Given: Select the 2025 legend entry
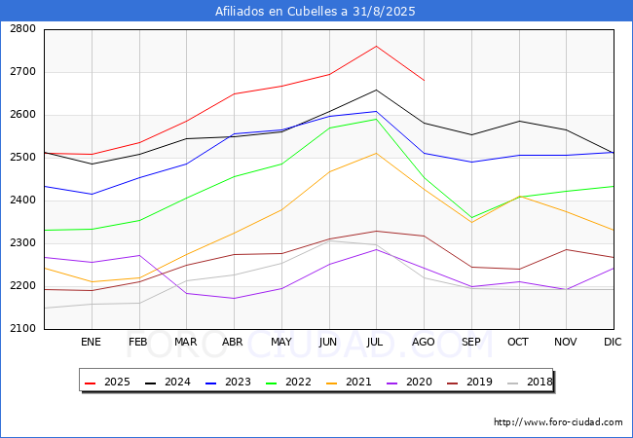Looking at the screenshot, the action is coord(107,382).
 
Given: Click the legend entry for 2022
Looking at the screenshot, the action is coord(288,382).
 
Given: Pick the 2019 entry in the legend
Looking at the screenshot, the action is coord(470,382).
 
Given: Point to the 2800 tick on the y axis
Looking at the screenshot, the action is coord(22,29).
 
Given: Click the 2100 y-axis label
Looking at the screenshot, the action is coord(22,329).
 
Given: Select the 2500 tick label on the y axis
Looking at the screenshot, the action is coord(22,158).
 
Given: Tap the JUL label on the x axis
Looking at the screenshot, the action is coord(375,342).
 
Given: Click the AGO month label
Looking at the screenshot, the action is coord(423,342).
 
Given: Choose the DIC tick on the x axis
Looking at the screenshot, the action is coord(613,342).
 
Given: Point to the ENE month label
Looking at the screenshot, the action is coord(91,342).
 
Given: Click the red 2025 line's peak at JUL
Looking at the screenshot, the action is coord(376,46).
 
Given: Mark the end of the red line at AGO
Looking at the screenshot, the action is coord(424,80).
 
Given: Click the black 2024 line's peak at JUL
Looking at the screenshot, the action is coord(376,90).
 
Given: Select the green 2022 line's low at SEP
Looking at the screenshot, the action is coord(471,218).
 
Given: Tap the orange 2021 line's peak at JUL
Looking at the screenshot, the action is coord(376,153).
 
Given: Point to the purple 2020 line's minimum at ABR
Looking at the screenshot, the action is coord(234,299).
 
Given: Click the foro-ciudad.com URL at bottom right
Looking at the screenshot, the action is coord(558,422).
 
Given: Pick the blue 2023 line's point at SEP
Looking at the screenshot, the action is coord(471,163).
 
